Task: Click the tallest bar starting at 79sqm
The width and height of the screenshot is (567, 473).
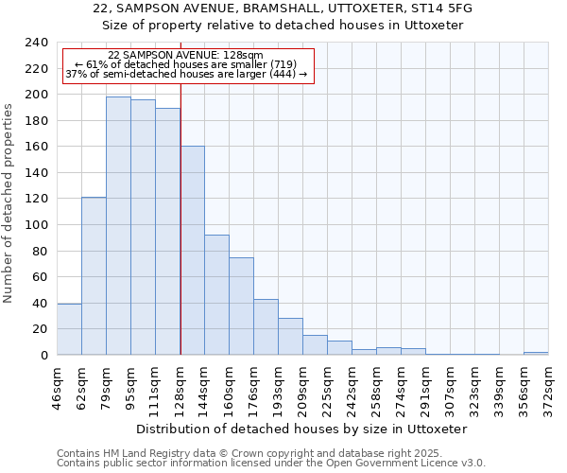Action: [x=118, y=225]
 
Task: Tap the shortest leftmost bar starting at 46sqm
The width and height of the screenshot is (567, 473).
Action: [x=69, y=329]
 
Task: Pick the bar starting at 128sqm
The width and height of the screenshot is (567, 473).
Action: [x=192, y=251]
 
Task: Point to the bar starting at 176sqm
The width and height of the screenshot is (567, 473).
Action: [x=266, y=326]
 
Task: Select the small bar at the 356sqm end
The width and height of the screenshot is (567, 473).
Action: [x=536, y=353]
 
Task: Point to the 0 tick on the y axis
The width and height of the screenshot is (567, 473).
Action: [x=43, y=355]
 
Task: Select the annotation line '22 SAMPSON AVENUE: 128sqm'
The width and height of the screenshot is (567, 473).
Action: [x=185, y=56]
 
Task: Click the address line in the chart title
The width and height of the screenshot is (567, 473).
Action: [x=283, y=9]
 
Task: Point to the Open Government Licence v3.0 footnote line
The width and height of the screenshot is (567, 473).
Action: [x=270, y=463]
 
